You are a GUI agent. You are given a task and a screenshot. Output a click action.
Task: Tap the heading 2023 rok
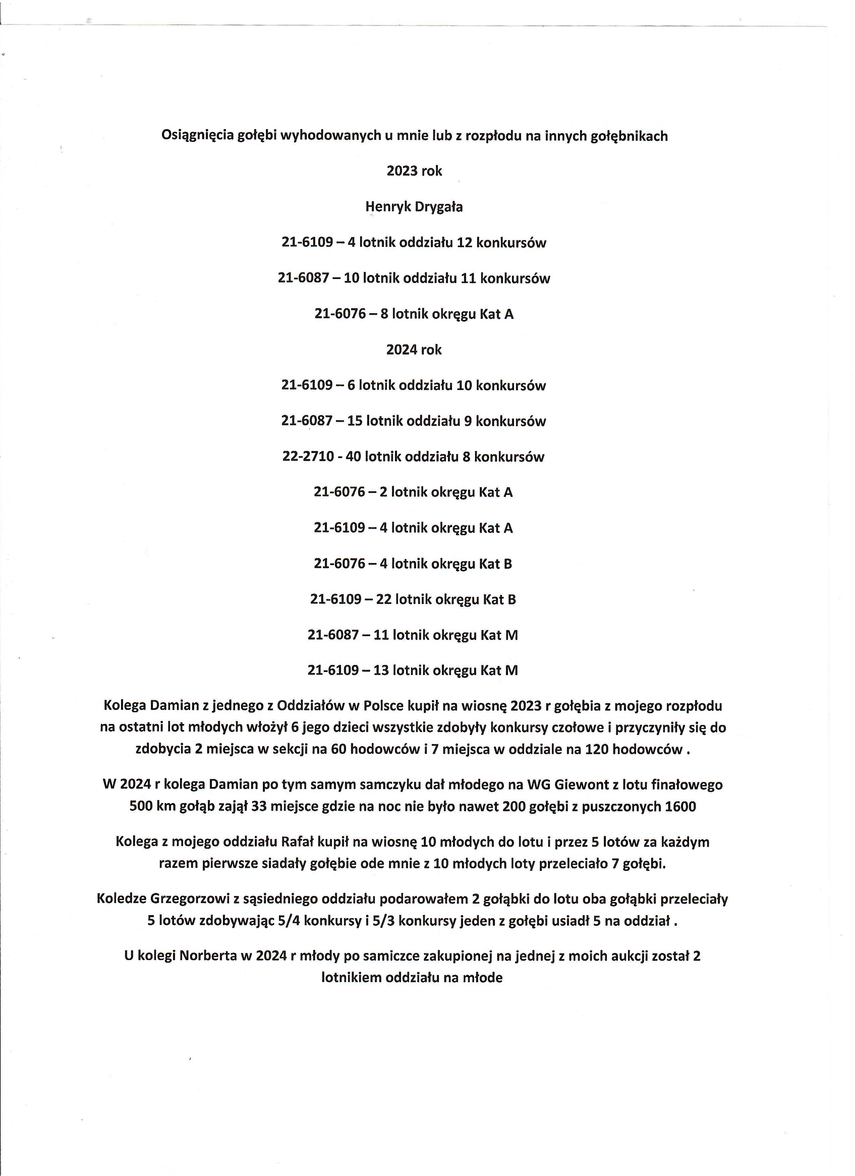(x=414, y=171)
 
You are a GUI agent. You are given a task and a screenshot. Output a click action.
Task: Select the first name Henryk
(x=387, y=207)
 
